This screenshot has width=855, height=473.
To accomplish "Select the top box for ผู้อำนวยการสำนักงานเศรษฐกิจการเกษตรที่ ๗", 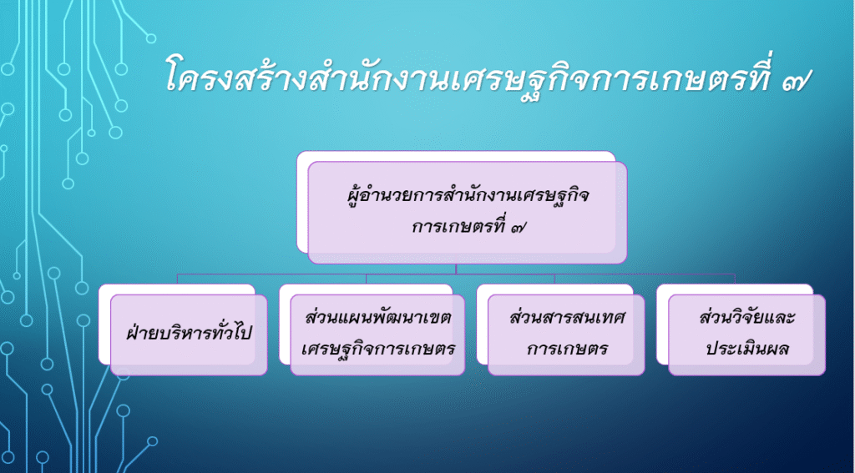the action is coord(468,213).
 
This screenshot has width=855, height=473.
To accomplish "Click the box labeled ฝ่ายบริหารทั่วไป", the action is coord(189,335).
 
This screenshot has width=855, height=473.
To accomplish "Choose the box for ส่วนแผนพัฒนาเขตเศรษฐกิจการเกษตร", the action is coord(377,335).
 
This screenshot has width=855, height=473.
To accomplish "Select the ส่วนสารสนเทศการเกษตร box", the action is coord(566,335).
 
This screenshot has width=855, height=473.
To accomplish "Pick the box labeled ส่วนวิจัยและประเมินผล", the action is coord(746,335).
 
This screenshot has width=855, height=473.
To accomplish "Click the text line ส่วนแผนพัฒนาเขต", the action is coord(378,319).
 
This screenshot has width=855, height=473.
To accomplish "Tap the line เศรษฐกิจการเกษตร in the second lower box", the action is coord(378,350).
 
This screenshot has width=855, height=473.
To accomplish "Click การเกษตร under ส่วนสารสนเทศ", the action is coord(567,350).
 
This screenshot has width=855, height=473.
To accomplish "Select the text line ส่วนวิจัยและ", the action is coord(747,318).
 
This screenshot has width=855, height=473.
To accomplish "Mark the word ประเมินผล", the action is coord(747,350).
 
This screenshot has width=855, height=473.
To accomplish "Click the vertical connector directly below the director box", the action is coord(457,269).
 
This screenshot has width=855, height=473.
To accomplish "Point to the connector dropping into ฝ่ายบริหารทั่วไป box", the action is coord(177,279).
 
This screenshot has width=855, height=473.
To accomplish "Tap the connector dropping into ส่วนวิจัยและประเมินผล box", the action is coord(735,279).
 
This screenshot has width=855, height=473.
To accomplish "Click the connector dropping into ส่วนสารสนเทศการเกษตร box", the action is coord(554,279).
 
